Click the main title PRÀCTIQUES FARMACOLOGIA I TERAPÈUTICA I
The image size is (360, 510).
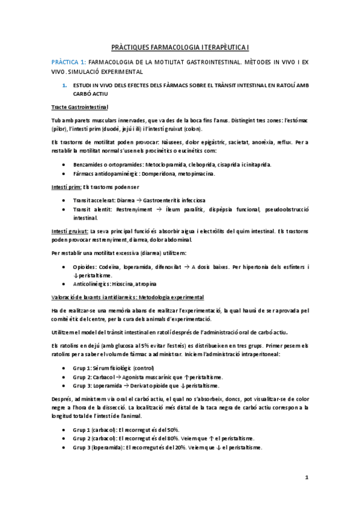(180, 46)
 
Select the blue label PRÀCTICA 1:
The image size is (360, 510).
(69, 61)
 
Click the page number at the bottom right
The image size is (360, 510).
(307, 478)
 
